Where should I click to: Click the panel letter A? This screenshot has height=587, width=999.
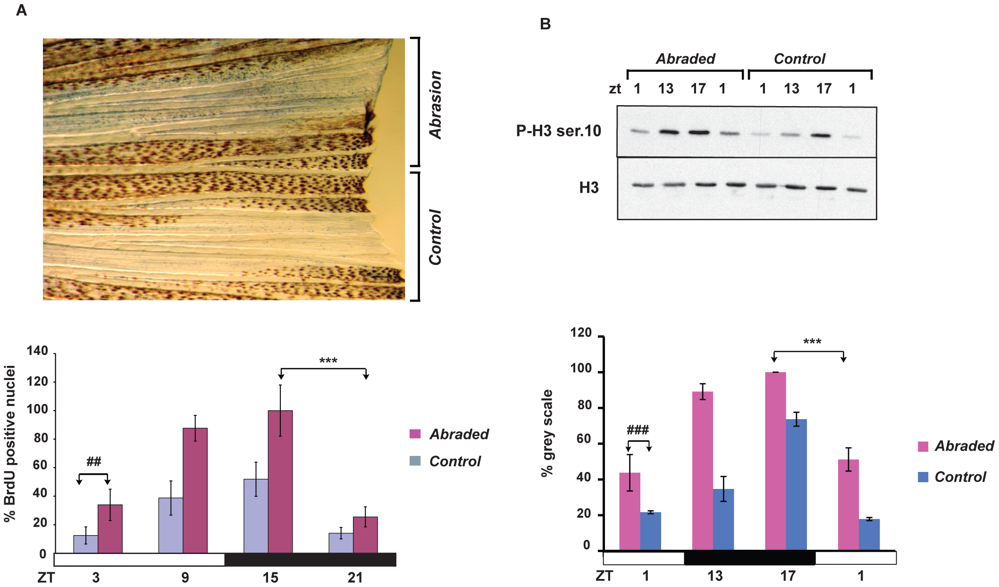[21, 10]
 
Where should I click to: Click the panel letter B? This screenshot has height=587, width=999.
[545, 24]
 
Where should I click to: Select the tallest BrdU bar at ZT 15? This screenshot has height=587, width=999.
[280, 481]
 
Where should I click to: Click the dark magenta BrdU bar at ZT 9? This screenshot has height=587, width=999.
[195, 490]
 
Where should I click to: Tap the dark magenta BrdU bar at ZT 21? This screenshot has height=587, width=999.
[365, 535]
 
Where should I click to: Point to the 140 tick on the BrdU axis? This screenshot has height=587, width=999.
[38, 351]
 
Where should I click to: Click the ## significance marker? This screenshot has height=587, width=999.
[93, 462]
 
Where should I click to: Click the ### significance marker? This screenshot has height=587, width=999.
[638, 430]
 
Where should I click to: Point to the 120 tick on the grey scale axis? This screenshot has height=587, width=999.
[581, 333]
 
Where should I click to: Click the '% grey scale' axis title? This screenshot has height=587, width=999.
[547, 433]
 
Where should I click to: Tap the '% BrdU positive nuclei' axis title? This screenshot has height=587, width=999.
[10, 443]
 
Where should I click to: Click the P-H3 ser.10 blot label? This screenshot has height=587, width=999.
[558, 131]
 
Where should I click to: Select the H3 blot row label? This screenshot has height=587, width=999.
[588, 188]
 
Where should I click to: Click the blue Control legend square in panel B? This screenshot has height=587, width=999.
[923, 477]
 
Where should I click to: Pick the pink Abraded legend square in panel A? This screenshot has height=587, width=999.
[415, 434]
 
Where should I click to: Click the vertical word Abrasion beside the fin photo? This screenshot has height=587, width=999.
[435, 105]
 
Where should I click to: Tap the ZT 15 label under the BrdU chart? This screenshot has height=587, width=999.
[270, 577]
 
